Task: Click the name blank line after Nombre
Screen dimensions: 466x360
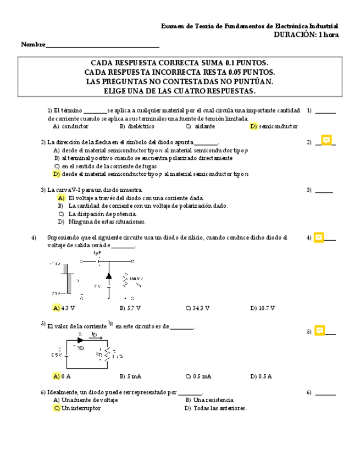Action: [x=103, y=45]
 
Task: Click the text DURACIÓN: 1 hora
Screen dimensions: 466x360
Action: [x=306, y=35]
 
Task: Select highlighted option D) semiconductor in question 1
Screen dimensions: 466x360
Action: [x=274, y=126]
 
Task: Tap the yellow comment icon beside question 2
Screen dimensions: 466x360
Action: [x=326, y=141]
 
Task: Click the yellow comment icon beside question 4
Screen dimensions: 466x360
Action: [x=319, y=237]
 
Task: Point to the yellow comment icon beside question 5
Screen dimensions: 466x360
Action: [x=319, y=330]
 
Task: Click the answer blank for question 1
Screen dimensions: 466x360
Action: [x=325, y=112]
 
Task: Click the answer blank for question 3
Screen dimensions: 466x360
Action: [x=324, y=191]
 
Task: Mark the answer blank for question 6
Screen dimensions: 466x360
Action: [x=325, y=393]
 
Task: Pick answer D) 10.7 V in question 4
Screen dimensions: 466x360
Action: [x=262, y=308]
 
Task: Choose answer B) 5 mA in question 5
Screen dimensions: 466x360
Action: [x=130, y=376]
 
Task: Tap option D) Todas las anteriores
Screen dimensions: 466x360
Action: [x=216, y=408]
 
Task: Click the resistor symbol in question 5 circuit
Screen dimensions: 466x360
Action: [x=108, y=353]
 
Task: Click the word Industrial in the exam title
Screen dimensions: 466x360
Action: [x=324, y=26]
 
